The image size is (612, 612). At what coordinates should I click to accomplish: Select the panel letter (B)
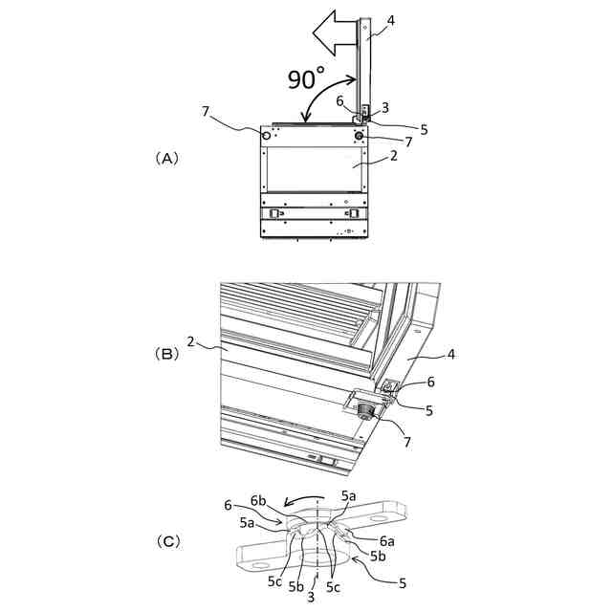pos(166,353)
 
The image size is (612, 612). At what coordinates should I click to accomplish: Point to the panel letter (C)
pos(166,540)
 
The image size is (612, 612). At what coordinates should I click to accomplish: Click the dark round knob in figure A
pos(360,137)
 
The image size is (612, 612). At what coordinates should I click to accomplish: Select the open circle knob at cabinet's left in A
pos(266,136)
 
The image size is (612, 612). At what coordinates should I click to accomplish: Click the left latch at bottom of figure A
pos(273,214)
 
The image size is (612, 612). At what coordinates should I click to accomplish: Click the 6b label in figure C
pos(257,499)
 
